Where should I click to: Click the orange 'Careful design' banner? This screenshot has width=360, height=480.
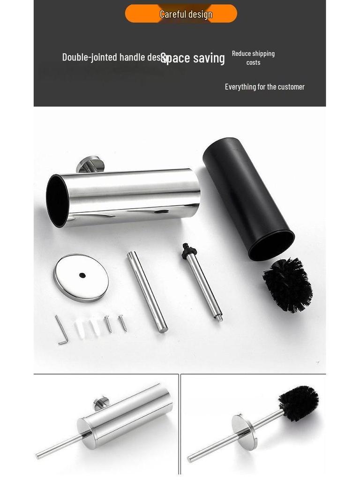181,14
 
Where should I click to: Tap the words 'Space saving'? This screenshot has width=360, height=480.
194,59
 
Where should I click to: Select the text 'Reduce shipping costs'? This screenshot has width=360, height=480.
253,58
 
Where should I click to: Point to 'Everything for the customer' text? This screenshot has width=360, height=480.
264,87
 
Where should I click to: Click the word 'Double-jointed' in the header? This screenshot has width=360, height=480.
90,57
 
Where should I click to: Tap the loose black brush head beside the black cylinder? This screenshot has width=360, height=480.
287,285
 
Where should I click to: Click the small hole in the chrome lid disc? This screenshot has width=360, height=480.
82,275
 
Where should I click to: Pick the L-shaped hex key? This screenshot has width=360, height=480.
61,330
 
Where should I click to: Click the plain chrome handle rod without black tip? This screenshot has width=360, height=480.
147,291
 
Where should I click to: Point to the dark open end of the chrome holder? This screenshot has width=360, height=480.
57,201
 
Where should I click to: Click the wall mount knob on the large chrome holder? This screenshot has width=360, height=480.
90,165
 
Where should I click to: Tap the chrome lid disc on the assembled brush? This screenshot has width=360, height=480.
244,431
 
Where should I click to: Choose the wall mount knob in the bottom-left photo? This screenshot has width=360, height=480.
101,403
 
